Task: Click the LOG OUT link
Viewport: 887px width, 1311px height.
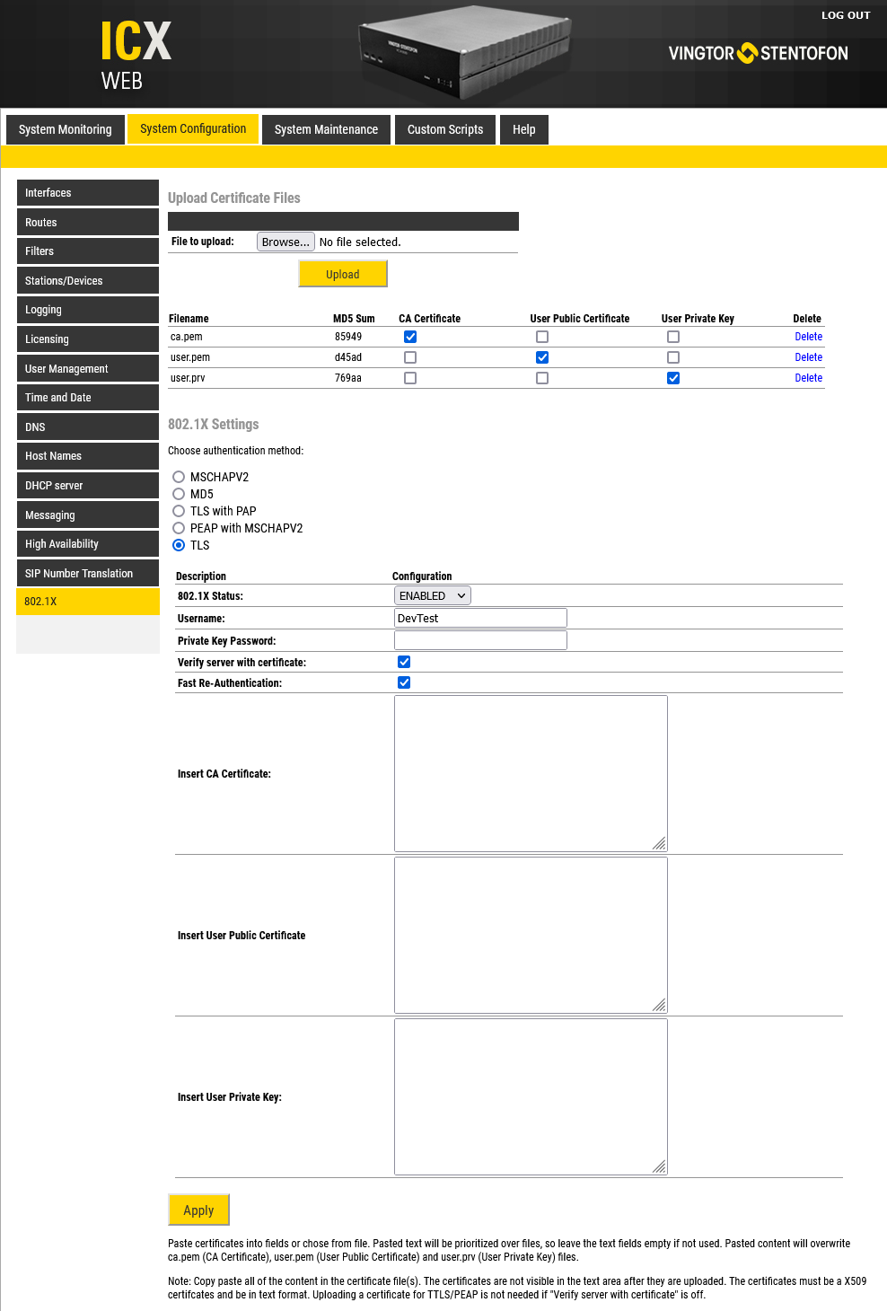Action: pos(845,15)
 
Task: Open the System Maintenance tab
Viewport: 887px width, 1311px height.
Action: pos(326,129)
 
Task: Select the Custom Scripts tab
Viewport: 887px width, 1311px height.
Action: pos(445,129)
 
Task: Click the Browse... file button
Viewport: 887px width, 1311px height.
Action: pos(285,242)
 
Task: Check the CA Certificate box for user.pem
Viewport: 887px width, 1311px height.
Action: pos(410,357)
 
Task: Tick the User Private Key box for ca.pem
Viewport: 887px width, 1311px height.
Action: pos(673,337)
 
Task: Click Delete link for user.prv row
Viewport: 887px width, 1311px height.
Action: pos(808,378)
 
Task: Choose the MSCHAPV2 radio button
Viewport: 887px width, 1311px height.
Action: pos(179,477)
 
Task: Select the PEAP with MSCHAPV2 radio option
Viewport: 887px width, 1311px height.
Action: pos(179,528)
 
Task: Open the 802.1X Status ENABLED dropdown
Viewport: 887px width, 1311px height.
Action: pos(433,595)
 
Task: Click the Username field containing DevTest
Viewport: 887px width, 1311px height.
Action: pos(480,618)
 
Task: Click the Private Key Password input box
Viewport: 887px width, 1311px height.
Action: pos(480,640)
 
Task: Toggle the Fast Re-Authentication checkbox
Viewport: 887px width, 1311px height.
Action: pos(404,682)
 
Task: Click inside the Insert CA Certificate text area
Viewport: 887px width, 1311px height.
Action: pos(531,773)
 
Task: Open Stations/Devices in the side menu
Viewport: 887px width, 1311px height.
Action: pos(87,281)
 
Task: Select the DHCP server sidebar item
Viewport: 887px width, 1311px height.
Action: pos(87,486)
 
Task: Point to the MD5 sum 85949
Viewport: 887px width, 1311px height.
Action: pos(348,337)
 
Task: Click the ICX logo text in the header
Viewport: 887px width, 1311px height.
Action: pos(136,42)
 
